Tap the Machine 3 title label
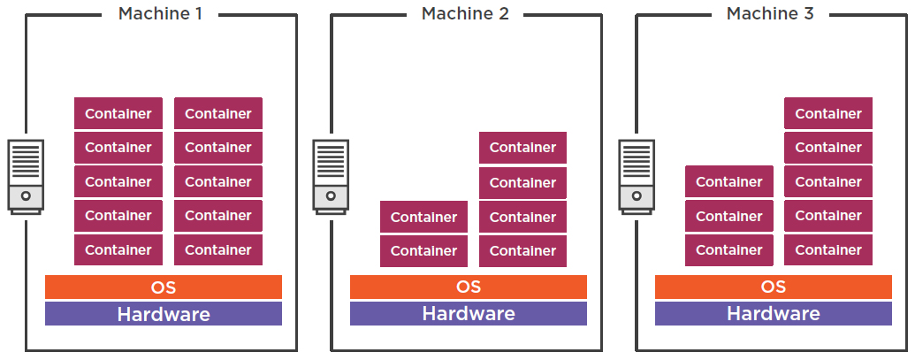click(x=771, y=14)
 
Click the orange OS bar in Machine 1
click(x=164, y=287)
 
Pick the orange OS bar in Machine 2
click(x=469, y=287)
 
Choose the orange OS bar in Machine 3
click(x=774, y=287)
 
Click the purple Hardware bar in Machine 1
click(x=164, y=314)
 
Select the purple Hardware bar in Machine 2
click(x=469, y=314)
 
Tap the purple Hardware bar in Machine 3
click(x=774, y=314)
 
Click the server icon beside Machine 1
click(x=26, y=174)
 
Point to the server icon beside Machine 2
click(x=332, y=174)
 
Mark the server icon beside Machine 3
click(x=637, y=174)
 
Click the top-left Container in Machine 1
click(x=118, y=113)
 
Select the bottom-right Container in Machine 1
click(x=218, y=250)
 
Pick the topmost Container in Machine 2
click(x=523, y=148)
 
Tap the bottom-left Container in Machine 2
click(x=423, y=251)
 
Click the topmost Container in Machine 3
click(x=828, y=113)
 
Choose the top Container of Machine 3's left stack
click(x=729, y=182)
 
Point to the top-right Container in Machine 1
click(x=218, y=113)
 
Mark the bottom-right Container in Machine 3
click(x=828, y=250)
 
